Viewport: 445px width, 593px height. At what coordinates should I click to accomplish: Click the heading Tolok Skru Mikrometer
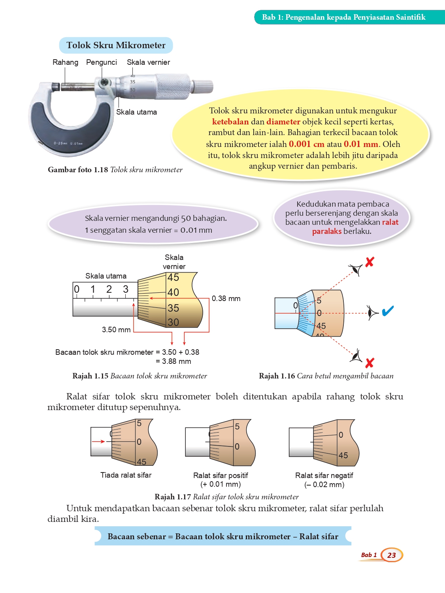point(116,45)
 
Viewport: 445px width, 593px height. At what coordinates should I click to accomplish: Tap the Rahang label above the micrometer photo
point(65,62)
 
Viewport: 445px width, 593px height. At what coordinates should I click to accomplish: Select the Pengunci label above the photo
point(102,62)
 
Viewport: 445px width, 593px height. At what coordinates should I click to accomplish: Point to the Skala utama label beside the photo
point(136,112)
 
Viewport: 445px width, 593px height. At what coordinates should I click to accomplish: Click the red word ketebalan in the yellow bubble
point(230,122)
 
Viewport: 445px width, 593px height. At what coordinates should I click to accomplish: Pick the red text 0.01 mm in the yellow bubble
point(361,144)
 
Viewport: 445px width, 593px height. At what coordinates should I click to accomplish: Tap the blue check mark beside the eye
point(388,311)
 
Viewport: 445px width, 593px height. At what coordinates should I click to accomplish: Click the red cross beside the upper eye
point(370,262)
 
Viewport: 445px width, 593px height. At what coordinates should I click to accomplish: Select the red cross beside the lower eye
point(370,363)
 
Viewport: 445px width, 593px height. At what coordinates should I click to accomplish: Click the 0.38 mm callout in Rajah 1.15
point(226,299)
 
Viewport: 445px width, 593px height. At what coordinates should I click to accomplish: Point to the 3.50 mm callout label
point(116,329)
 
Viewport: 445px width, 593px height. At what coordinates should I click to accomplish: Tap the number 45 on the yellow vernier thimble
point(173,277)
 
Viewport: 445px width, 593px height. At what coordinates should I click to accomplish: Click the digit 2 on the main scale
point(109,289)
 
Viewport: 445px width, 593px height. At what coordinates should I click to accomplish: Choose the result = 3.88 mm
point(173,361)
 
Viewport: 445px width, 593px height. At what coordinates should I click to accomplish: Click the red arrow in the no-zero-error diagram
point(98,441)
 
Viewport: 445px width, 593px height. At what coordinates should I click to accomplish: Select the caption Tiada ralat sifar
point(126,475)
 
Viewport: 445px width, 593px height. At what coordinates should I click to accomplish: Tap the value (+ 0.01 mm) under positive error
point(221,484)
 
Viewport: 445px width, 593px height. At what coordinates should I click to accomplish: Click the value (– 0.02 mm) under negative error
point(324,484)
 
